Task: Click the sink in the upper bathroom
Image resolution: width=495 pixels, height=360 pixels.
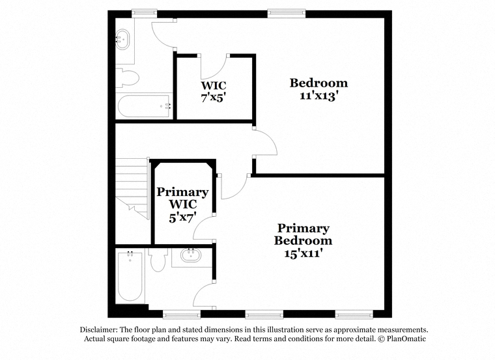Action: [122, 40]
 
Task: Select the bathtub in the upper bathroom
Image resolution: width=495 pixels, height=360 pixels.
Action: [145, 106]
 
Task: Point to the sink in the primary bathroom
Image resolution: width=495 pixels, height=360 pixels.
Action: [190, 255]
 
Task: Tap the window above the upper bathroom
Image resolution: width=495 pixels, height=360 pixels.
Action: [145, 13]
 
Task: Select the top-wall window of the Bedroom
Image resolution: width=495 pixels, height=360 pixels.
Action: [287, 13]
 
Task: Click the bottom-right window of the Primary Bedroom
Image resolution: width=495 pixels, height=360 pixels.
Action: [354, 314]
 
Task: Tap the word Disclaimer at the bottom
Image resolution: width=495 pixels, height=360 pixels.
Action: [99, 329]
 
